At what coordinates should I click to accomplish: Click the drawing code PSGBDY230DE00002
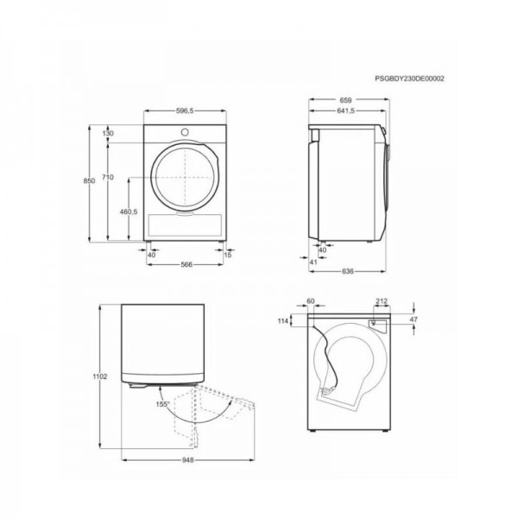click(x=409, y=79)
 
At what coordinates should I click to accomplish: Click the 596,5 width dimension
click(x=185, y=111)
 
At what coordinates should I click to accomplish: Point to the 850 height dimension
click(x=89, y=180)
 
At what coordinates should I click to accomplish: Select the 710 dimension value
click(x=108, y=177)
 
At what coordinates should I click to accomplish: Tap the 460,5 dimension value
click(x=128, y=212)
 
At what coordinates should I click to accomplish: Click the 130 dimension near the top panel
click(x=108, y=134)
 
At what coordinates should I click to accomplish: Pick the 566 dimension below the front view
click(x=186, y=265)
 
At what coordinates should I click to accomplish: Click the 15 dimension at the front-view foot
click(x=228, y=255)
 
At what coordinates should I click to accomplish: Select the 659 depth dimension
click(x=345, y=100)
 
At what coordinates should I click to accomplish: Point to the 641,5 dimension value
click(x=345, y=111)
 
